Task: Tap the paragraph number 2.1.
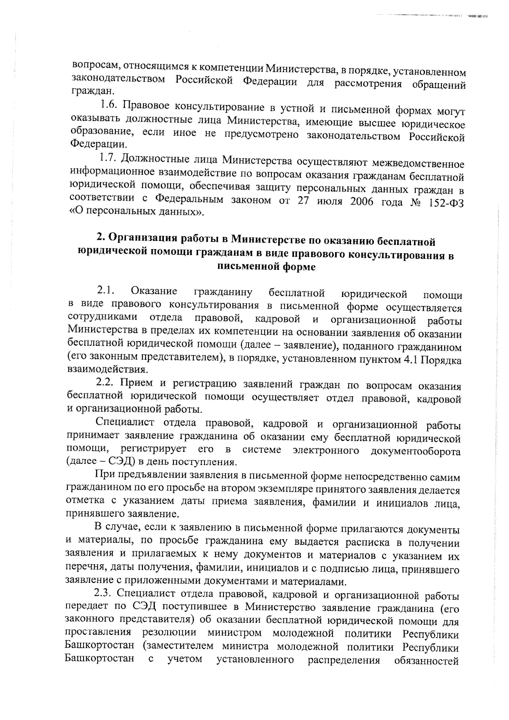coord(106,291)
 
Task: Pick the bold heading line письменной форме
coord(266,266)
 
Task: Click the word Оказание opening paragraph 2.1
coord(154,291)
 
